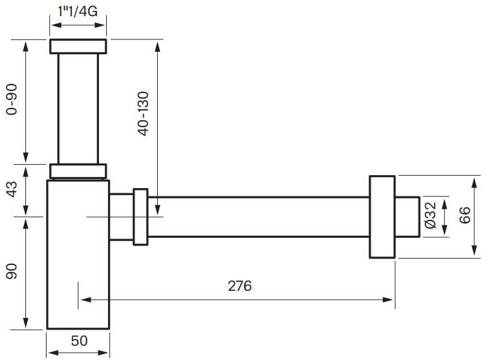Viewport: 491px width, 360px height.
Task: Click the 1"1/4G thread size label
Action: coord(78,11)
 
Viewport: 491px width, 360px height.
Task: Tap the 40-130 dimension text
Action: coord(144,114)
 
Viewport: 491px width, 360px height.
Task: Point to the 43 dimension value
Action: coord(11,191)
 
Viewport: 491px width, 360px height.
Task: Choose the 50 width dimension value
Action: coord(78,341)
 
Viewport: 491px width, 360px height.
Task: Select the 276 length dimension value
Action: coord(239,286)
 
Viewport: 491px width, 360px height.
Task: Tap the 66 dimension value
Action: coord(464,216)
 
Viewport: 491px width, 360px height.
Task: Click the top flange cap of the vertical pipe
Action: coord(78,47)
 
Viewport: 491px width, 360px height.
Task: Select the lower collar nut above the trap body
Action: coord(78,171)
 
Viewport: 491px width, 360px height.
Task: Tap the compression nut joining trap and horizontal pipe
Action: coord(140,216)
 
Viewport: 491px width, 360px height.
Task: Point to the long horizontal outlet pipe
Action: coord(259,217)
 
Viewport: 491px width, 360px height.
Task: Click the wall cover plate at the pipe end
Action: coord(382,217)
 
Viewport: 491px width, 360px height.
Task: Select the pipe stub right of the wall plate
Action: coord(408,217)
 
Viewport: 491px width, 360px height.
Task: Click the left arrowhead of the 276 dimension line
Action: coord(84,299)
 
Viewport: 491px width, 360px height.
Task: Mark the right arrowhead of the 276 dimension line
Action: coord(389,299)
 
